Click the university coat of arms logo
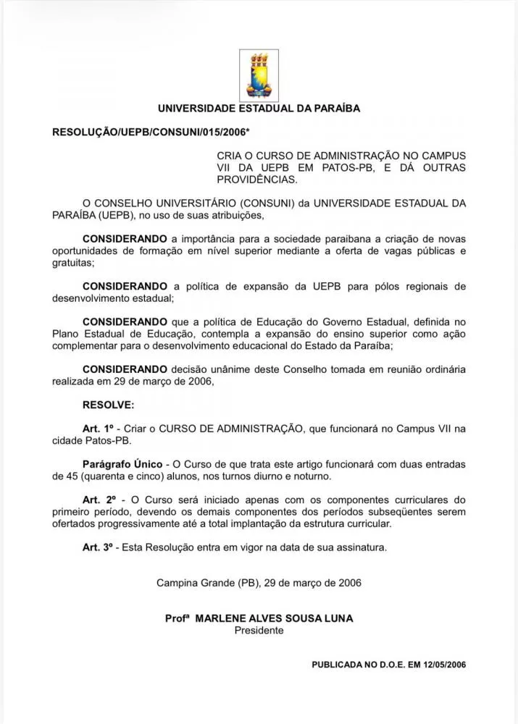[259, 75]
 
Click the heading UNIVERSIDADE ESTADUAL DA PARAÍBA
[259, 109]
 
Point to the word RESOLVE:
[109, 405]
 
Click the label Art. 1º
[99, 429]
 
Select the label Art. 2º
[99, 500]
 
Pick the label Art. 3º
[99, 547]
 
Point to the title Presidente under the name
[259, 631]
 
